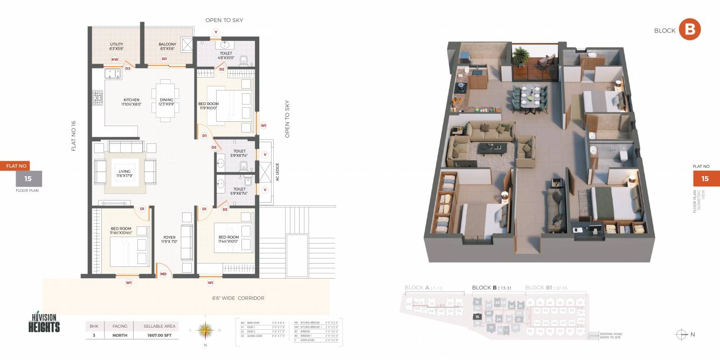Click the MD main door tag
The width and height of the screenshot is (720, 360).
click(163, 274)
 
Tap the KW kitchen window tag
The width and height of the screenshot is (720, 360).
click(115, 59)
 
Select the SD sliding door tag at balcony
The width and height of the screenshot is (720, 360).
click(164, 58)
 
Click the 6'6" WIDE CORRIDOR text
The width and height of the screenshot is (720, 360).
click(238, 298)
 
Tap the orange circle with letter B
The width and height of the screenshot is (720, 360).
click(689, 30)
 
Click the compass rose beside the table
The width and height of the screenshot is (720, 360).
click(205, 330)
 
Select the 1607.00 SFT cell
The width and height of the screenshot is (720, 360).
click(160, 335)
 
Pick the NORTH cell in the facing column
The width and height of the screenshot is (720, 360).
click(120, 335)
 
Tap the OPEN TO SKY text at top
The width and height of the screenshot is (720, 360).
click(224, 20)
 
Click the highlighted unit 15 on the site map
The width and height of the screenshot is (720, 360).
click(476, 316)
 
